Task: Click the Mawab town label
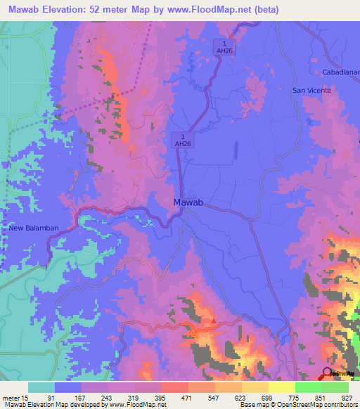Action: point(188,202)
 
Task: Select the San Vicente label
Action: point(309,91)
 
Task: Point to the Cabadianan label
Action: point(340,72)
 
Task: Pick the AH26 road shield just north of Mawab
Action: point(183,139)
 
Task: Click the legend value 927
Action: point(347,397)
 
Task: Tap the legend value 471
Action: point(187,397)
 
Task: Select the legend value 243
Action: point(107,397)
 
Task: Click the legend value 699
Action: point(267,397)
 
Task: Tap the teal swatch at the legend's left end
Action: point(41,387)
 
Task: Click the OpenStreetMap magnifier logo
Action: point(327,372)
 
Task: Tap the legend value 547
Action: point(214,397)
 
